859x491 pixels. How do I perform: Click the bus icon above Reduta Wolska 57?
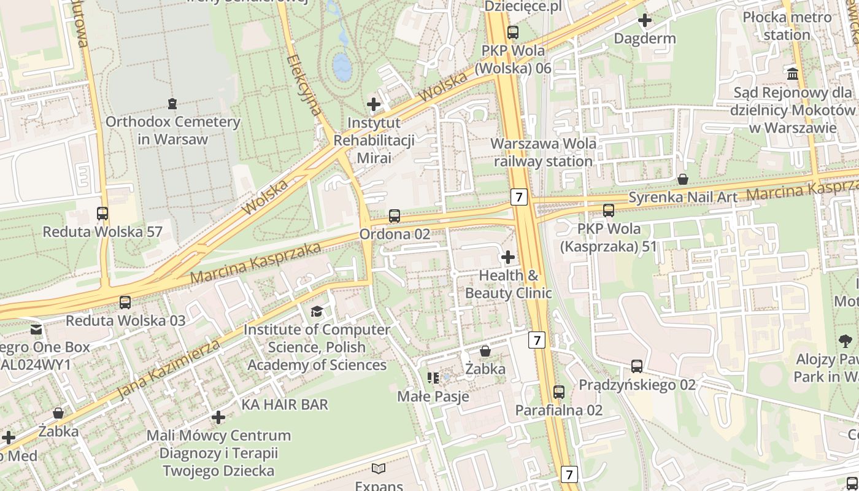point(102,214)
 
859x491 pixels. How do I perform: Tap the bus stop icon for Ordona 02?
point(395,216)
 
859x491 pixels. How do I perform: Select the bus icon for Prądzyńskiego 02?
point(637,366)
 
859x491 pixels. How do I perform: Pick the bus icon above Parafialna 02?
point(559,392)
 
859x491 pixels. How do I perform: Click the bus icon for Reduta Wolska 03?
point(125,302)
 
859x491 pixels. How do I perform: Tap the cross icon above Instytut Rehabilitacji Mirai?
point(374,104)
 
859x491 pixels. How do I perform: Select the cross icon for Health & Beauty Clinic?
point(508,257)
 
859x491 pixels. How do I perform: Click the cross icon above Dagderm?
point(645,20)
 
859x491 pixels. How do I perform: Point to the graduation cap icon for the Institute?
point(317,311)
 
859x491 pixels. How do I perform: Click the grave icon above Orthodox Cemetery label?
point(172,103)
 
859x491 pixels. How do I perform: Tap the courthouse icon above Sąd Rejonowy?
point(793,74)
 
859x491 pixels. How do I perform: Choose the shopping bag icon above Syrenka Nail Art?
point(682,179)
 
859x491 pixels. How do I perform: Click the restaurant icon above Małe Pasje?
point(433,377)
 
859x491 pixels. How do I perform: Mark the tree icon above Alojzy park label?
point(846,341)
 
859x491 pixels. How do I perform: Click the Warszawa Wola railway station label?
point(544,152)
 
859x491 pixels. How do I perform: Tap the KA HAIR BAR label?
point(285,404)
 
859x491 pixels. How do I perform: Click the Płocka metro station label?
point(787,26)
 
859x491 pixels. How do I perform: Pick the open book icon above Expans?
point(379,469)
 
